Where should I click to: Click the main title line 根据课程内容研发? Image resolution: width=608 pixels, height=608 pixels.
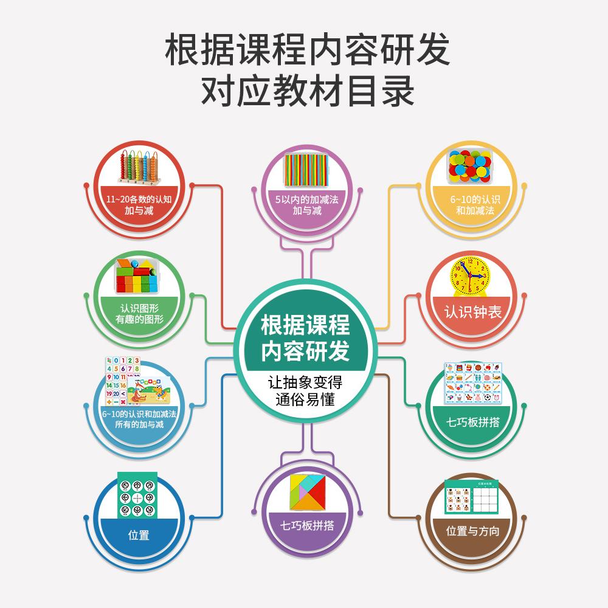coord(307,50)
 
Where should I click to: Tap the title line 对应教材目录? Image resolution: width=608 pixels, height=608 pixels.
coord(307,92)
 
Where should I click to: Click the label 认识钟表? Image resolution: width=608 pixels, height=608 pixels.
coord(474,313)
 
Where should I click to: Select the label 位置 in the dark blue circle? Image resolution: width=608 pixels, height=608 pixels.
coord(139,536)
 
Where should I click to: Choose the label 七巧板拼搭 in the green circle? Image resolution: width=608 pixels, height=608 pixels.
coord(473,421)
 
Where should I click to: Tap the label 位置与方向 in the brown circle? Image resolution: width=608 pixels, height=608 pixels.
coord(472,531)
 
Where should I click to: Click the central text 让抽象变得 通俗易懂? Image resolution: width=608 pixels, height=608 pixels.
coord(306,392)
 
